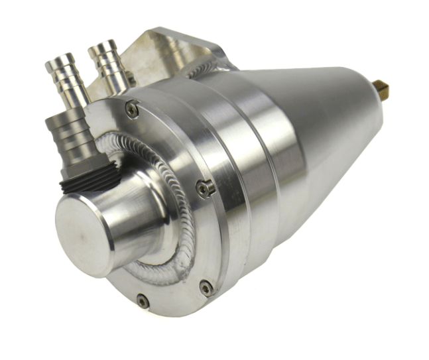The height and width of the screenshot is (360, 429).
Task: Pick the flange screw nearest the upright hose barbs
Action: point(133,108)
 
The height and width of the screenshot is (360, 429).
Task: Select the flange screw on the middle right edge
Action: point(206,188)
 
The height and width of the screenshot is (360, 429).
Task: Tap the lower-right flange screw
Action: point(206,287)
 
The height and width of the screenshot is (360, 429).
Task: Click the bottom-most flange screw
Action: point(143,302)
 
